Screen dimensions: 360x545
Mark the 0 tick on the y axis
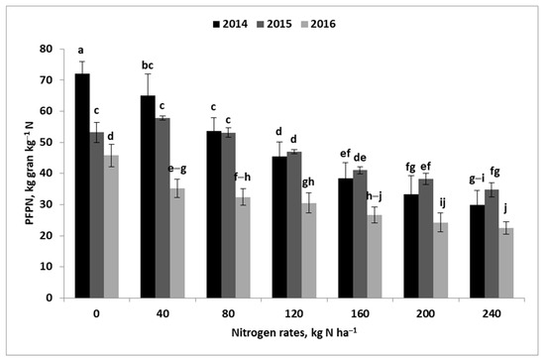click(57, 298)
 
